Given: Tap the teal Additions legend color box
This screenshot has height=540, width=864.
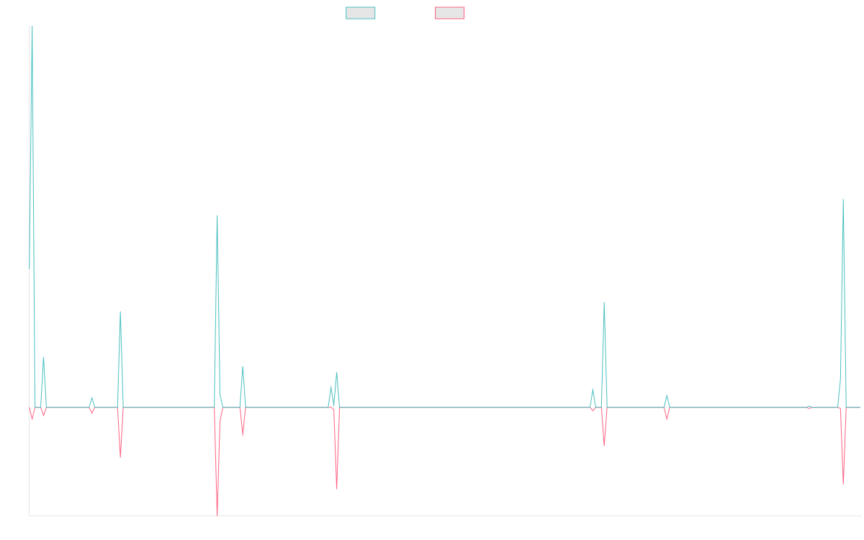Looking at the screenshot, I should pos(361,13).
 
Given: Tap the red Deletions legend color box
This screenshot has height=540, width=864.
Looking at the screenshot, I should pos(449,13).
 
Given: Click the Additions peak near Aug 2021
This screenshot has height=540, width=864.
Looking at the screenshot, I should pos(217,216).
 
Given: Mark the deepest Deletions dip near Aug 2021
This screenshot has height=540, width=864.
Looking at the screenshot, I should pos(217,514).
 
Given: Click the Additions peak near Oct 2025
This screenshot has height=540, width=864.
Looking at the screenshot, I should pos(843,199).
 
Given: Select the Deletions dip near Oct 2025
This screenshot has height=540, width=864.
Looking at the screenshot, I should pos(843,483).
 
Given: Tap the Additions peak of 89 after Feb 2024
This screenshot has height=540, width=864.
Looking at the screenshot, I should pos(604,303).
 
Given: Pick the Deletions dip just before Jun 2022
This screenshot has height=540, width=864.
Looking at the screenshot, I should pos(337,489).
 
